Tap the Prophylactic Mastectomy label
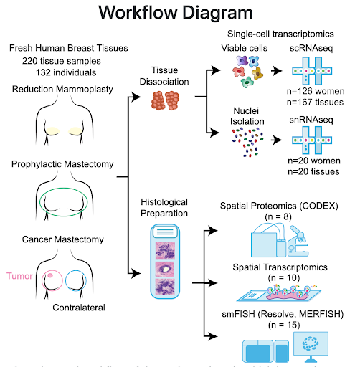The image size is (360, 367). [62, 164]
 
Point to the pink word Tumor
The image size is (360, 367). [19, 275]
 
